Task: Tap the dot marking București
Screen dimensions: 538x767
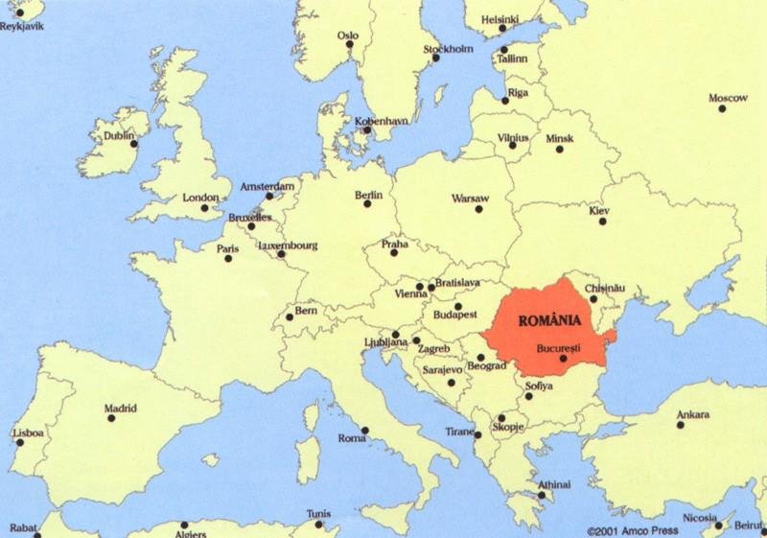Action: (x=564, y=359)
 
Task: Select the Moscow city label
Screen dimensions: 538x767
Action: (x=728, y=98)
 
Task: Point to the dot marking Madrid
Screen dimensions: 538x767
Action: (x=110, y=418)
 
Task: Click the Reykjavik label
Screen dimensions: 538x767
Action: (x=22, y=26)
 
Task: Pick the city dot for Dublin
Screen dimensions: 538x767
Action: (x=133, y=144)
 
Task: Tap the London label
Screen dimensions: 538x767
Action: (x=200, y=198)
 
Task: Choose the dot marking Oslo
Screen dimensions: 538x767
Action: (x=350, y=44)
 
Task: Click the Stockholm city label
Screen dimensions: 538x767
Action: (x=448, y=49)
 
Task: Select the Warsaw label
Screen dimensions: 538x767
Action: (x=470, y=198)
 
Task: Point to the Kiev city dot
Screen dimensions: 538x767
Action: (x=603, y=222)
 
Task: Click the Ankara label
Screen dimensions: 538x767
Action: (x=693, y=414)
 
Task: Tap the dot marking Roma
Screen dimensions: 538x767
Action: (x=364, y=430)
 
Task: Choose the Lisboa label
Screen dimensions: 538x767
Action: (x=28, y=433)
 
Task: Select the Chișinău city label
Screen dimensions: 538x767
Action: (x=605, y=288)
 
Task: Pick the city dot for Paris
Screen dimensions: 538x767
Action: (x=228, y=258)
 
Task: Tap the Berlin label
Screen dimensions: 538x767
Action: (x=369, y=195)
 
